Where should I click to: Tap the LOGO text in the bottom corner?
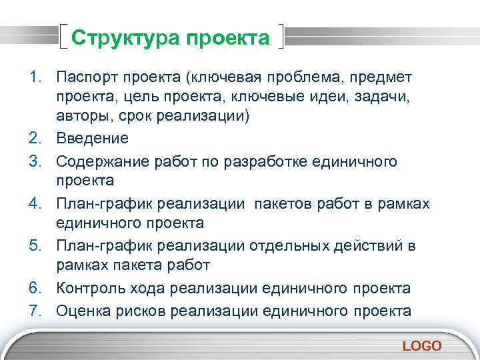[422, 345]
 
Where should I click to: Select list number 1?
[35, 77]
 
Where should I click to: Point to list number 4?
[35, 203]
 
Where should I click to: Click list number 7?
[35, 310]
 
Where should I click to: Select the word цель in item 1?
[144, 98]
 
